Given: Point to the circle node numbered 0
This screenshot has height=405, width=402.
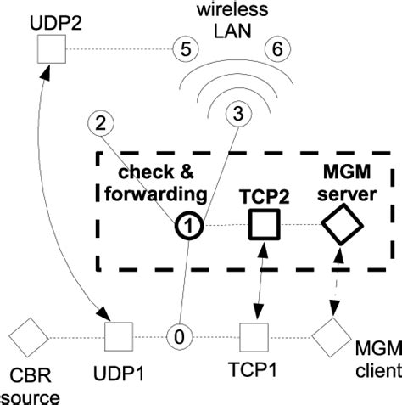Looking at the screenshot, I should pos(180,336).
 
